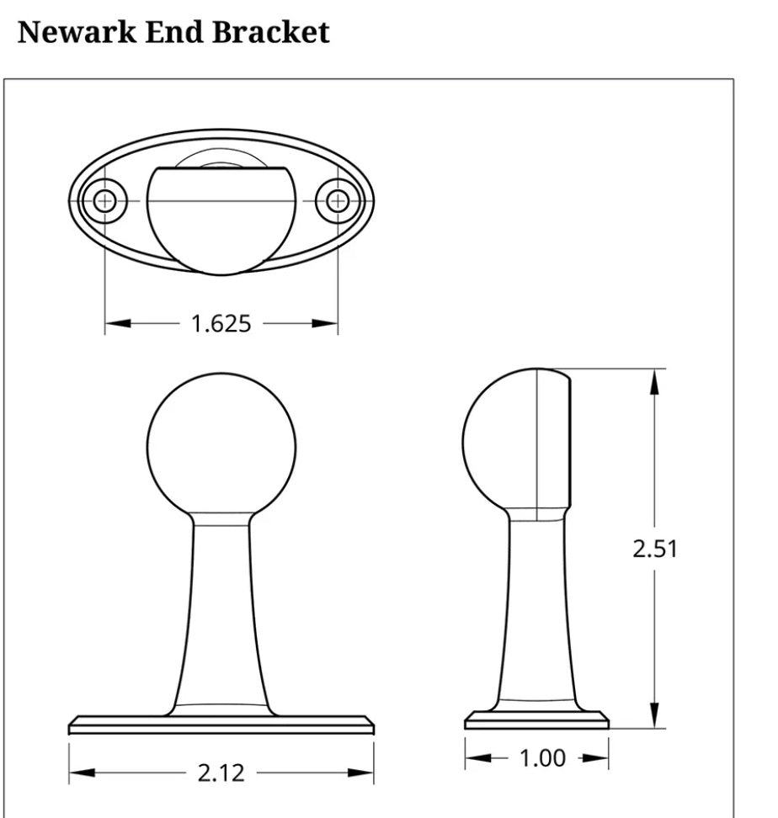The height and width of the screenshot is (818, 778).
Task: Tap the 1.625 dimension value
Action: (221, 323)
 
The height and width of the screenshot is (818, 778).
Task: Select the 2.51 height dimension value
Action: (655, 549)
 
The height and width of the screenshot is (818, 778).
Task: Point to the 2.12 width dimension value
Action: (221, 773)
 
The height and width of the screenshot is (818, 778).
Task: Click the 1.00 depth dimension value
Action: (542, 758)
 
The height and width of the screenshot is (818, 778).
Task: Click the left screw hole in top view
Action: (104, 200)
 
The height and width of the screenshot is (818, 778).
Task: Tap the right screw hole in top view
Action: (338, 200)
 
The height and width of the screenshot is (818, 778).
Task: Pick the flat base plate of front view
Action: (221, 725)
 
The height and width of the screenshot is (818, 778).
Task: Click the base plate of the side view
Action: (536, 720)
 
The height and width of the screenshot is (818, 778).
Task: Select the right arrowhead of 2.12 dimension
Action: (361, 773)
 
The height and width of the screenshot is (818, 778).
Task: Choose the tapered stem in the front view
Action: (221, 614)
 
